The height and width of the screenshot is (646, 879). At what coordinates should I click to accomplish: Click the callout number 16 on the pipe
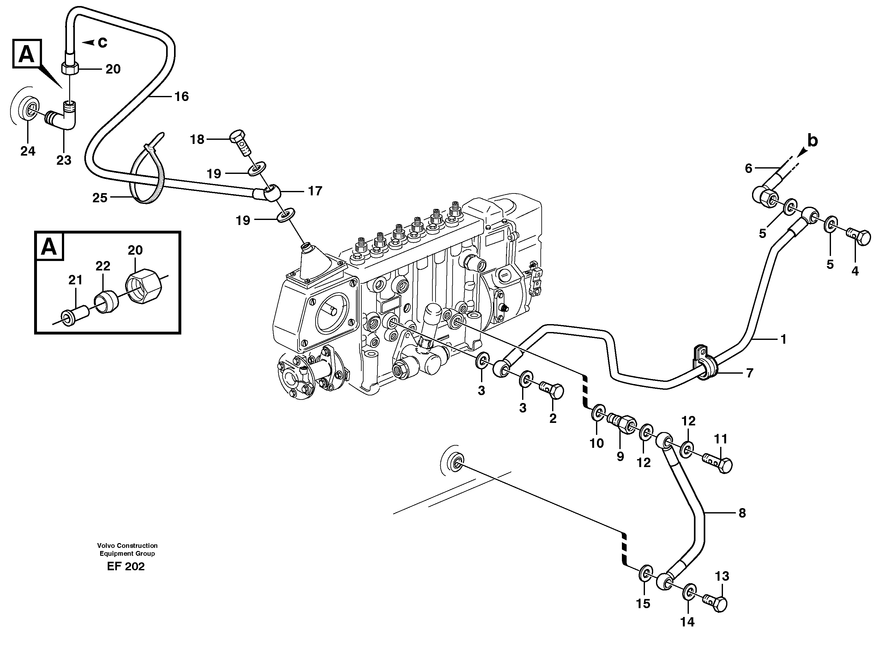[181, 96]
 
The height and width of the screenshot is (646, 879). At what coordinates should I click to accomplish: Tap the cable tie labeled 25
[151, 172]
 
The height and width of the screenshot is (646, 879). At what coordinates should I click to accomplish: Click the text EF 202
[126, 566]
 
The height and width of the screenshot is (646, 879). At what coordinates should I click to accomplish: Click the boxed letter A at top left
[27, 54]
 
